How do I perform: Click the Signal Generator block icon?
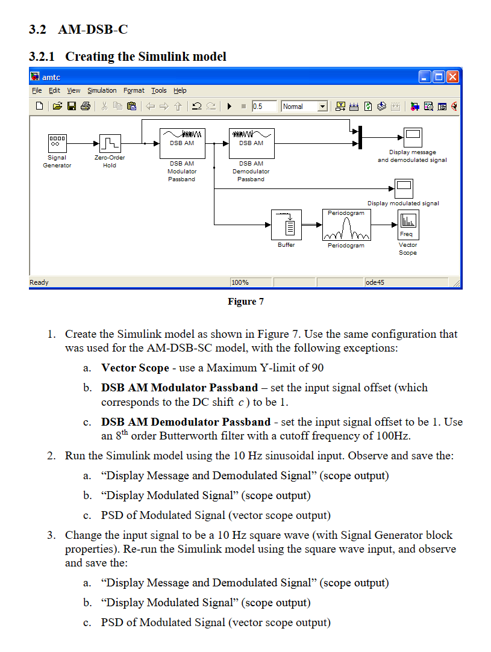[57, 143]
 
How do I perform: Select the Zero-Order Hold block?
[110, 143]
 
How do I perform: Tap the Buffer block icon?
[286, 225]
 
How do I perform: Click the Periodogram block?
[346, 225]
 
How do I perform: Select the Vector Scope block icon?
[408, 225]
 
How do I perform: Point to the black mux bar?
[360, 137]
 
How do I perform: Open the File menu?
[37, 90]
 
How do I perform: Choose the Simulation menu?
[102, 90]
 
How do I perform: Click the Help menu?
[180, 90]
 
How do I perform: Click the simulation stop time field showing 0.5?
[264, 107]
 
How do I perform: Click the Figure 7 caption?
[245, 302]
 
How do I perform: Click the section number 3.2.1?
[42, 57]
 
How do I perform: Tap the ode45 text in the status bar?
[375, 282]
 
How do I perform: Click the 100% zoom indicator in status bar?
[240, 282]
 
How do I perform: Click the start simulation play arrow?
[230, 107]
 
